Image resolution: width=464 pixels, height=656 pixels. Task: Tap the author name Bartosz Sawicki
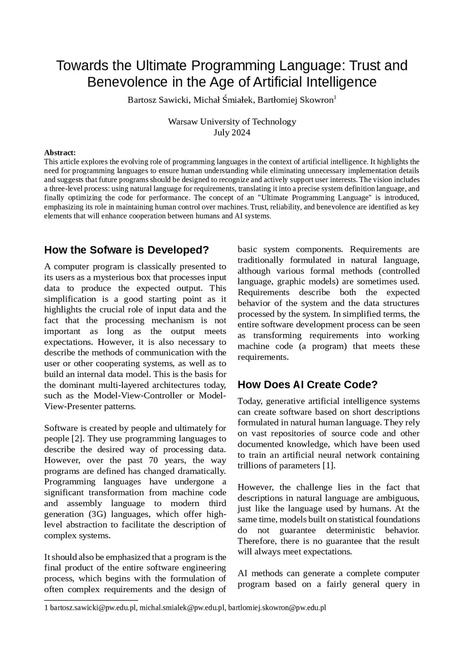click(x=158, y=100)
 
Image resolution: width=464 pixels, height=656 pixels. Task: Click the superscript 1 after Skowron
click(x=335, y=97)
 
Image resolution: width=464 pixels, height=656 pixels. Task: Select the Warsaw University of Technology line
click(x=232, y=121)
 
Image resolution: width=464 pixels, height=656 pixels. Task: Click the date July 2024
click(x=232, y=132)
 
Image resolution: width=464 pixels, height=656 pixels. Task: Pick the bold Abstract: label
click(x=60, y=153)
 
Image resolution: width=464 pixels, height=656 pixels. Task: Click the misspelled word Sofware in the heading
click(x=111, y=250)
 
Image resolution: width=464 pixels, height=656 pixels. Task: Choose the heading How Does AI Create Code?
click(x=307, y=385)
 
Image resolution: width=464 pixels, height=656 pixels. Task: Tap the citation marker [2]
click(x=77, y=439)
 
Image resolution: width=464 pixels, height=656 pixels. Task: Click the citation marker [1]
click(x=329, y=466)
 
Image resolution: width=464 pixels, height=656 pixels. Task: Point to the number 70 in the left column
click(x=155, y=460)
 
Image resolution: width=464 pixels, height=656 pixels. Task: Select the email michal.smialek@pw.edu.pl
click(x=182, y=608)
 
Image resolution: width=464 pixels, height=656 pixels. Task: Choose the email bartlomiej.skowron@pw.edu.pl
click(x=277, y=608)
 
